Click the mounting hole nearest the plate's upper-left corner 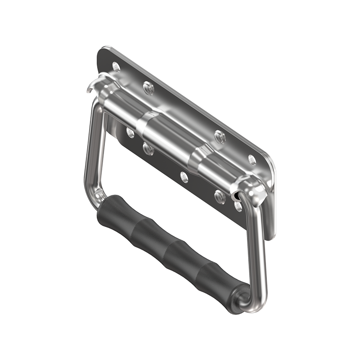(116, 67)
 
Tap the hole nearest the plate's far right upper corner (252, 160)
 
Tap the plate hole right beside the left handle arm (130, 132)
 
